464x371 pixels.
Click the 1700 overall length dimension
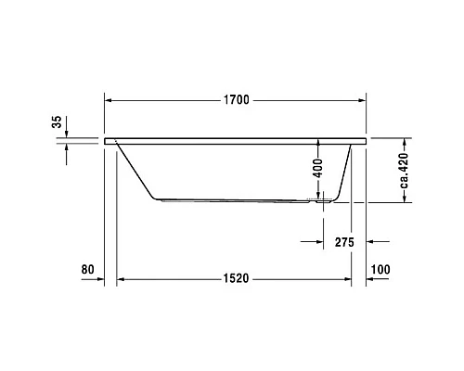click(236, 99)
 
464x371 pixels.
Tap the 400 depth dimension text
click(317, 168)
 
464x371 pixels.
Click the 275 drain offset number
click(342, 242)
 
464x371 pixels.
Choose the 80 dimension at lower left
click(89, 270)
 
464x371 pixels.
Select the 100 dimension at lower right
click(380, 270)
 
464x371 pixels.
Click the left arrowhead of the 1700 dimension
click(108, 99)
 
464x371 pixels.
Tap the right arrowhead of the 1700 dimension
click(364, 99)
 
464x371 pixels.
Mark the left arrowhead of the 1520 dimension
click(120, 279)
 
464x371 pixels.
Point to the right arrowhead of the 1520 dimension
click(348, 279)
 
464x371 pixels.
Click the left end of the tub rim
click(110, 141)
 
